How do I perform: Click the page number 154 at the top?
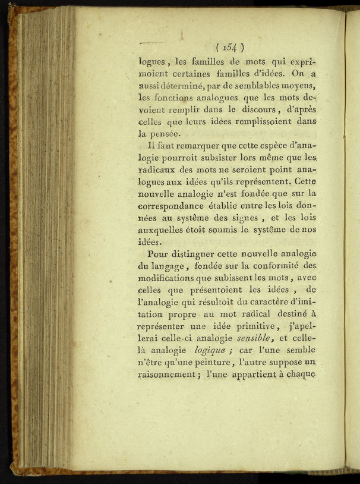pyautogui.click(x=230, y=47)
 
